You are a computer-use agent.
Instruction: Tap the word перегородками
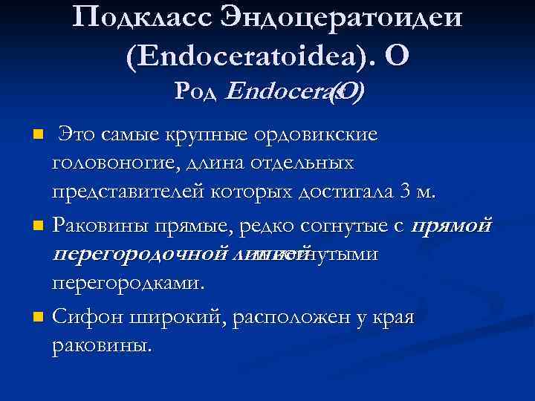(126, 283)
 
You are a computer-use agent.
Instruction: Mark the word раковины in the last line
(101, 345)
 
